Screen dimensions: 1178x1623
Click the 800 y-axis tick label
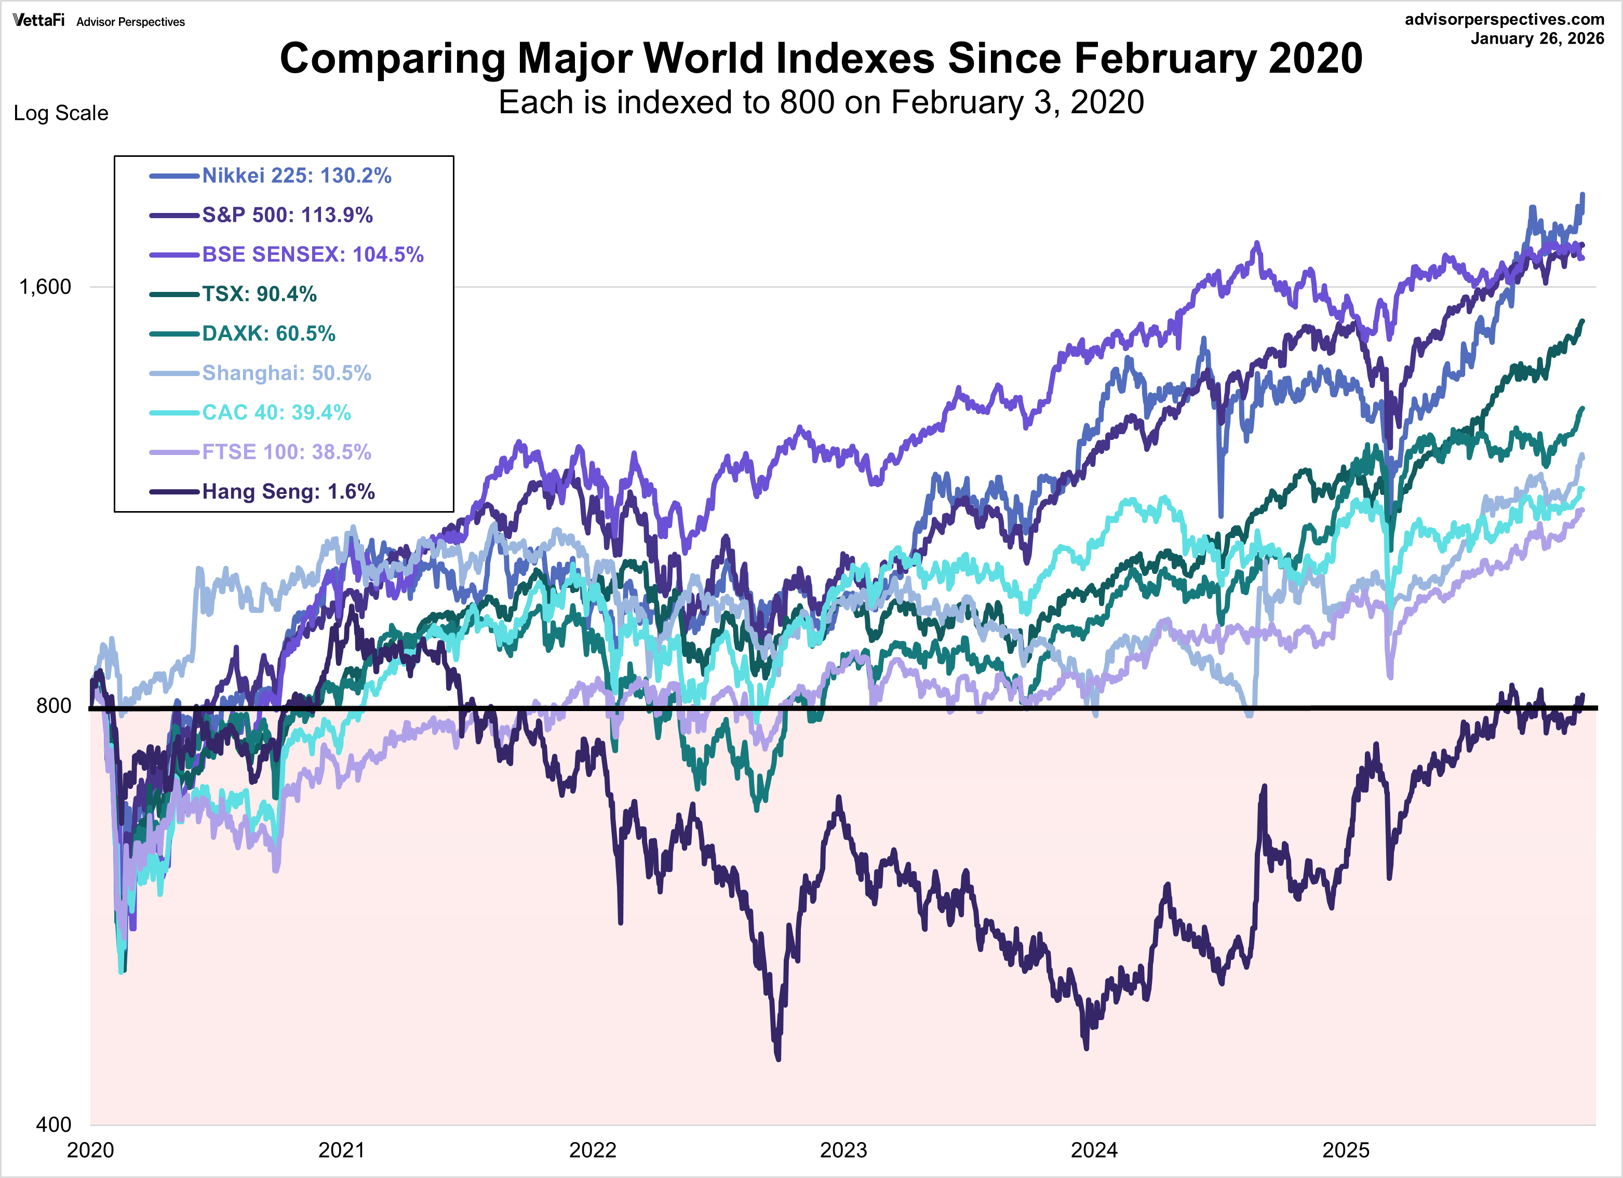tap(53, 706)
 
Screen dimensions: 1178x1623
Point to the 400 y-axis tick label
tap(53, 1125)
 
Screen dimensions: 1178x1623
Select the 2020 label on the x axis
tap(90, 1150)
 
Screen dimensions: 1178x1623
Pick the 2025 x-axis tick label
tap(1345, 1150)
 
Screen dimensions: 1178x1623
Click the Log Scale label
tap(61, 113)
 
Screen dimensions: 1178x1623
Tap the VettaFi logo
tap(38, 20)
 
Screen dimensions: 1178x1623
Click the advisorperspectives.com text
tap(1504, 19)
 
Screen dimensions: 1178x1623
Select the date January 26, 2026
tap(1537, 38)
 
